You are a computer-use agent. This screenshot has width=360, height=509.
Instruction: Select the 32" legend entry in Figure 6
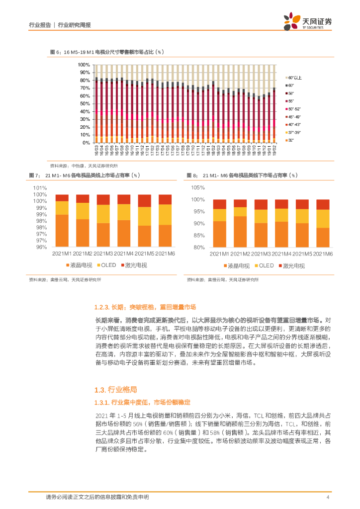(x=290, y=141)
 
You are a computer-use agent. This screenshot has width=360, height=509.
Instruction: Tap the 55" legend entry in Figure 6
(x=290, y=101)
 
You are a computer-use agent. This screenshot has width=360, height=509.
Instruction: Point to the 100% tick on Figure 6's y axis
(x=84, y=65)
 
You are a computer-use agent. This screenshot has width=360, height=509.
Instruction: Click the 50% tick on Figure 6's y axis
(x=85, y=104)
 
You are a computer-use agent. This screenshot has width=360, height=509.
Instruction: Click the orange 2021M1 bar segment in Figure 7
(x=62, y=230)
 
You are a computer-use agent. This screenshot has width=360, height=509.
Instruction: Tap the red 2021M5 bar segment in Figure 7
(x=144, y=200)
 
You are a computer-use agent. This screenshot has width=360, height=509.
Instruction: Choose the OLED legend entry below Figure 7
(x=106, y=265)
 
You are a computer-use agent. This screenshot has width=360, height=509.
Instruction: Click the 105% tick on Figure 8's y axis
(x=198, y=188)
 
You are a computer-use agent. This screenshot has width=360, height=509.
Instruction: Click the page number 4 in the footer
(x=328, y=497)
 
